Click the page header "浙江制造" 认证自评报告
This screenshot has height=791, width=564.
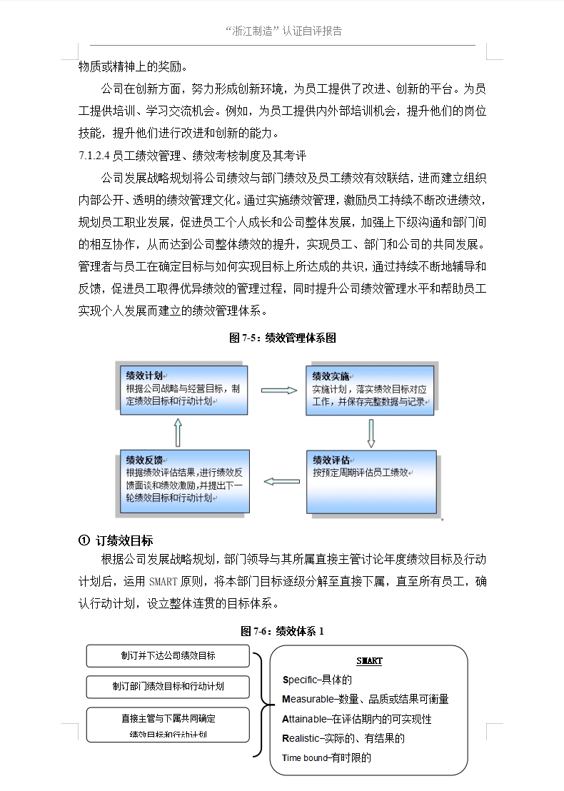[x=283, y=31]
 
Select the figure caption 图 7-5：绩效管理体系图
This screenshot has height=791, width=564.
[x=282, y=338]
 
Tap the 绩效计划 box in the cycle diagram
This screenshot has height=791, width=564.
[x=183, y=391]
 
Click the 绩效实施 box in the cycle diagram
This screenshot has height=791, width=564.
[x=371, y=391]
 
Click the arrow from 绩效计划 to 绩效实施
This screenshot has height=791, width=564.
[x=278, y=391]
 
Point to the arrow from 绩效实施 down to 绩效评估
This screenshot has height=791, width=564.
[x=371, y=432]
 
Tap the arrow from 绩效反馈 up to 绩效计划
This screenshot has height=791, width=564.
[x=178, y=432]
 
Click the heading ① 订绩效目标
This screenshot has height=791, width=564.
[x=115, y=540]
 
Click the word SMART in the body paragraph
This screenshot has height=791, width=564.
[x=163, y=581]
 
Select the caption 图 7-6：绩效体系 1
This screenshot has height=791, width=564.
[x=282, y=631]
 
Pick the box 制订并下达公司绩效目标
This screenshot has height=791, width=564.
[x=168, y=655]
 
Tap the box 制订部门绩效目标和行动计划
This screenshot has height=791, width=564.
[x=168, y=686]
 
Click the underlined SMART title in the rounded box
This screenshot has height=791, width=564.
[x=369, y=661]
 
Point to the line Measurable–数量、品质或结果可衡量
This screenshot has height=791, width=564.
[x=366, y=699]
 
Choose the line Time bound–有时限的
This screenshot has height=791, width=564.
[x=327, y=758]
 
